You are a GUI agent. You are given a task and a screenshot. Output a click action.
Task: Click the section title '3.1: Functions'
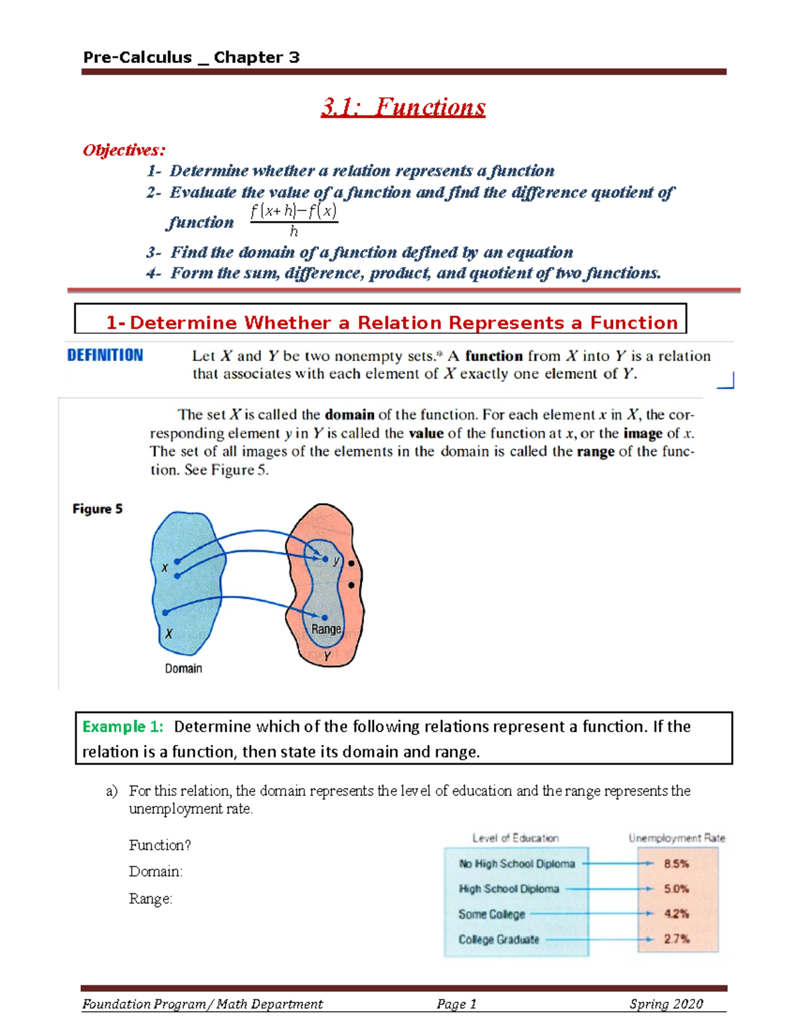403,108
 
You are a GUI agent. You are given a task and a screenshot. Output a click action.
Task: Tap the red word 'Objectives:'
124,150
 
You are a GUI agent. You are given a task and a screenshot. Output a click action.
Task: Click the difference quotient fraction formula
294,220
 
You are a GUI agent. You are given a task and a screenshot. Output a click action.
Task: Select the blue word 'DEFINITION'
105,355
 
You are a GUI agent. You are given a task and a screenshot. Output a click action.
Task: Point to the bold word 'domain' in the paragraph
349,415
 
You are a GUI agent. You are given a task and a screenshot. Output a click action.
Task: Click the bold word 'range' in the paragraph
595,451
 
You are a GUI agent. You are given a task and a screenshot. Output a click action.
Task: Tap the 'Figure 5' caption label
98,509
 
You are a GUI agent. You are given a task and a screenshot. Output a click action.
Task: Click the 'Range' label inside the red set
326,629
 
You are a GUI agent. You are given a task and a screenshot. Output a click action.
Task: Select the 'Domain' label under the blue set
183,669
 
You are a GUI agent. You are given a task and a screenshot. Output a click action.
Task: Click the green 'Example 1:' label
123,726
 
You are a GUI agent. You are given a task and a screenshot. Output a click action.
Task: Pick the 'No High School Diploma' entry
517,864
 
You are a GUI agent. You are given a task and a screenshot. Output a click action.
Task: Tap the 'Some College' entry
491,914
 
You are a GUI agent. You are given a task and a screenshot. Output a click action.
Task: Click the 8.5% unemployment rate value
676,864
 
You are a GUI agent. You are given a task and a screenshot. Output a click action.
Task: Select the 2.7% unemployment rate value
676,939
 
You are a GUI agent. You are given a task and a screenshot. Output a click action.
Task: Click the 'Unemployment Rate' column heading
676,838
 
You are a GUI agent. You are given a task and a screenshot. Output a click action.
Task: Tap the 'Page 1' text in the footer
456,1004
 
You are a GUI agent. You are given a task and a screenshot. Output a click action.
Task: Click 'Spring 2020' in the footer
665,1004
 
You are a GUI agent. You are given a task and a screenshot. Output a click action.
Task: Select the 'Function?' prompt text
160,845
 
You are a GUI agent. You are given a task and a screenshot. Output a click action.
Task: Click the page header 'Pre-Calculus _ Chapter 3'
191,58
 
